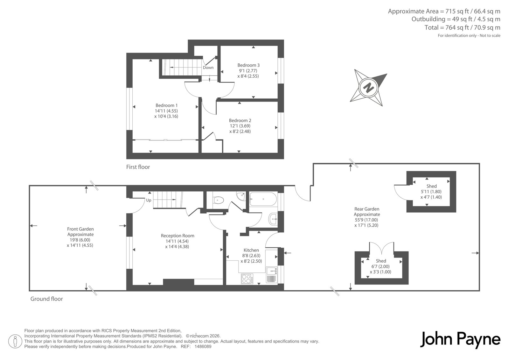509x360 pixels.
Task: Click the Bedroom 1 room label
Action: [x=166, y=105]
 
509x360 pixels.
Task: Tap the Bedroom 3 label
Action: [x=248, y=65]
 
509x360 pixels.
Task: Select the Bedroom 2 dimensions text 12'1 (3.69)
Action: [x=240, y=126]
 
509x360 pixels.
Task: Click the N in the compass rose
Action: [x=368, y=87]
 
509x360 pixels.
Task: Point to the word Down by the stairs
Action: [x=208, y=67]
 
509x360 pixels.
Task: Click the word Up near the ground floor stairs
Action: [x=149, y=200]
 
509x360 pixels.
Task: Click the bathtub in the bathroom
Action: [x=263, y=199]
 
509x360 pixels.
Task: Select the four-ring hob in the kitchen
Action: [x=247, y=279]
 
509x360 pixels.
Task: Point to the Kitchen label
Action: [x=251, y=250]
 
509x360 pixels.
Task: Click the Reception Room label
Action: [x=178, y=236]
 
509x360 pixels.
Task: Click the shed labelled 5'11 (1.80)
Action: [x=431, y=192]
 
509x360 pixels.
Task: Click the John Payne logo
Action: [x=460, y=340]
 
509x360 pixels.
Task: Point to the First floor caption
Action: [x=138, y=167]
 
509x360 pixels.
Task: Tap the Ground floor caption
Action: [x=46, y=299]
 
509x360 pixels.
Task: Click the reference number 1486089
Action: [x=203, y=347]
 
